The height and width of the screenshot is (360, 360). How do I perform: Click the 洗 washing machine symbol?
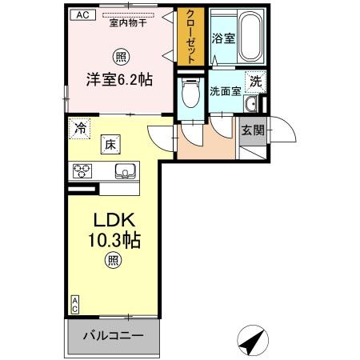254,81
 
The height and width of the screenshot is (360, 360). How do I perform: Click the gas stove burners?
85,170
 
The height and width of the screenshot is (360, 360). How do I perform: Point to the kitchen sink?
125,170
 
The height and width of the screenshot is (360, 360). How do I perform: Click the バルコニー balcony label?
116,334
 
